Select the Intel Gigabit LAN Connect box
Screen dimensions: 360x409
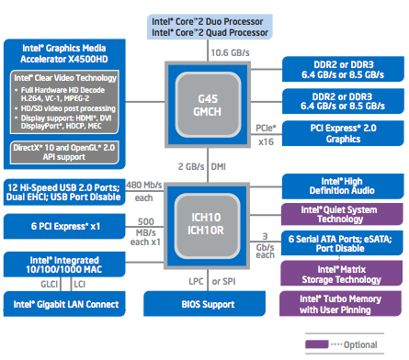(x=66, y=304)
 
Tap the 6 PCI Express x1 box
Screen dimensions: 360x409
(x=66, y=225)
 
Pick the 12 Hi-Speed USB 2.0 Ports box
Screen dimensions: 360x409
(x=66, y=189)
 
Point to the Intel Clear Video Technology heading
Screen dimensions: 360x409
(x=66, y=80)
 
